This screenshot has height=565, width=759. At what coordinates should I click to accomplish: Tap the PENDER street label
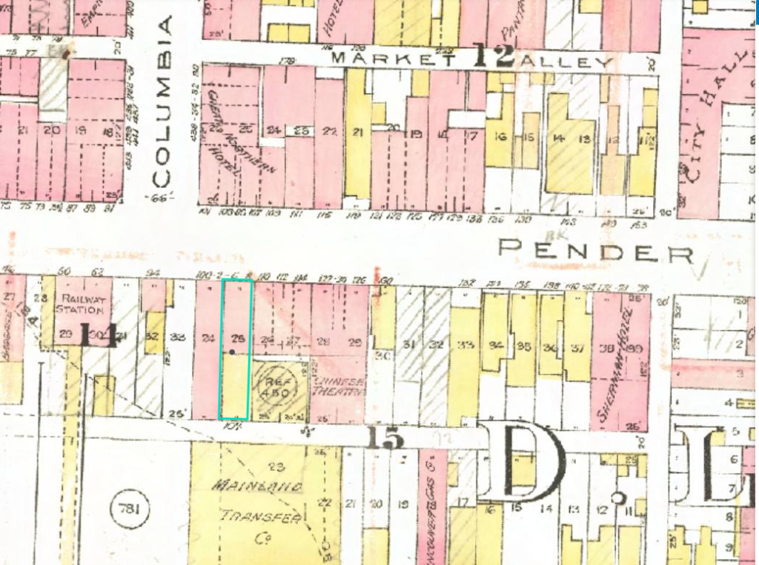coord(595,251)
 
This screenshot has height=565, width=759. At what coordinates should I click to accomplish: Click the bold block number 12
coord(494,56)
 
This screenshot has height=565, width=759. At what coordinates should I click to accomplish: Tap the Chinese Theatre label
coord(337,388)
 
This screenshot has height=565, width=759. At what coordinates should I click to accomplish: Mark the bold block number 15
coord(385,439)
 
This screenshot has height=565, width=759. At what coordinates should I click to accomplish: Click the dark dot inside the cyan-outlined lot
coord(232,352)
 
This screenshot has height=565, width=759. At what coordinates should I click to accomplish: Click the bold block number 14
coord(97,335)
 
